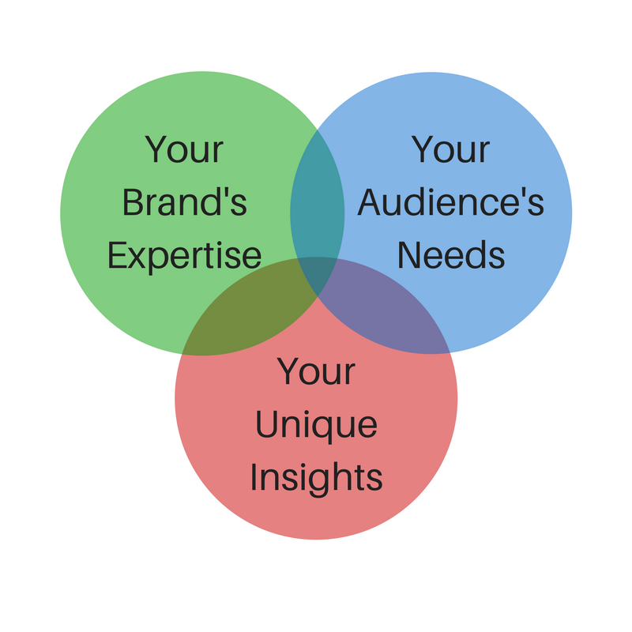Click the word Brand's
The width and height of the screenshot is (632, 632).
click(185, 201)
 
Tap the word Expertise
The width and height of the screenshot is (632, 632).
click(184, 257)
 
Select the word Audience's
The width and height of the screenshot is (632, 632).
click(450, 201)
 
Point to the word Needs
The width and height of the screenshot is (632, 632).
click(450, 254)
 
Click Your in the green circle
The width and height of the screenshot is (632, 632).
click(184, 149)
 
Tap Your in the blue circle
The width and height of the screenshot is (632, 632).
click(450, 149)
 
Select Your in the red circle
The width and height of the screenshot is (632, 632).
click(317, 371)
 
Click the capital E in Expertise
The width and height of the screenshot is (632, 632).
click(116, 254)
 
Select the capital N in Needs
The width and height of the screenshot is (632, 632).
click(408, 254)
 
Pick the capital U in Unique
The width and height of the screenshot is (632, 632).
click(267, 424)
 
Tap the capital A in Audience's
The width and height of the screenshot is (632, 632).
click(370, 202)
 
